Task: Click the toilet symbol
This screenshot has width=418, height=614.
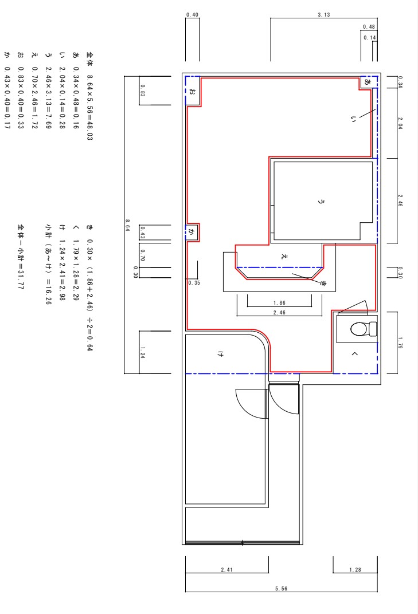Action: [364, 329]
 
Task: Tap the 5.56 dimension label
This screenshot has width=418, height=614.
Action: [281, 589]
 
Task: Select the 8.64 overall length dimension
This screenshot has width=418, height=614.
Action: [127, 225]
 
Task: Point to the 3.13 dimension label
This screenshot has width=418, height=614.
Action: [324, 15]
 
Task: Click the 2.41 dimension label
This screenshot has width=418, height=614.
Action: [226, 570]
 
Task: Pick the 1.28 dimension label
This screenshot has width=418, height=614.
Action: [356, 570]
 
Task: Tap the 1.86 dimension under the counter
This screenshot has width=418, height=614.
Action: [280, 302]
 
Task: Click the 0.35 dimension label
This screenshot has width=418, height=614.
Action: [194, 282]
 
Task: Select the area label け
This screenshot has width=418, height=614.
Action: [220, 354]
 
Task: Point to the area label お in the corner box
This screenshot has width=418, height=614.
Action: [192, 91]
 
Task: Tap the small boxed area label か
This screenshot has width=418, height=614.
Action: [192, 233]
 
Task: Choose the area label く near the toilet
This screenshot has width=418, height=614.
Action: [355, 354]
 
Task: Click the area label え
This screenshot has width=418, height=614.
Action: [285, 257]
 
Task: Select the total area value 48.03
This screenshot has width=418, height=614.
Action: [90, 131]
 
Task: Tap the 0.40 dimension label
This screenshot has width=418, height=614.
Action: [192, 15]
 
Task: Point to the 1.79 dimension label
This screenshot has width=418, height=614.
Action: [400, 343]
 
